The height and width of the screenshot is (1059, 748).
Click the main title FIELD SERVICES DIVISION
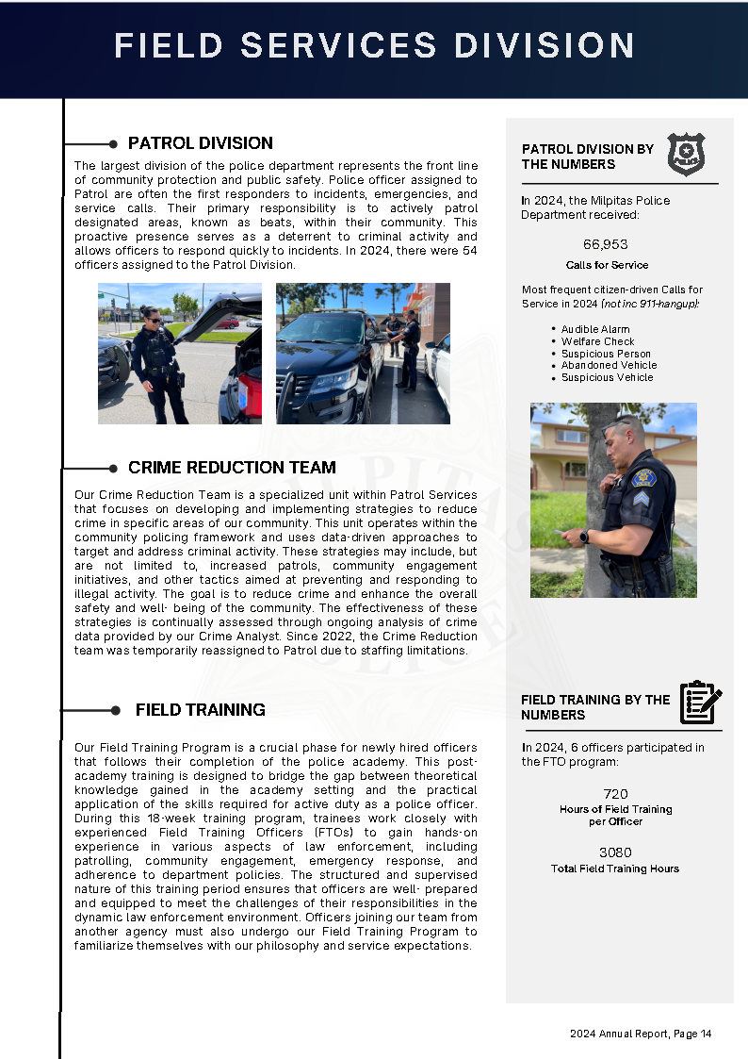coord(374,45)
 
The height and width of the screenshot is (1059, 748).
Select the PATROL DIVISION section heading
coord(201,143)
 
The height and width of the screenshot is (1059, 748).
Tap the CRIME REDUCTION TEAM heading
coord(232,468)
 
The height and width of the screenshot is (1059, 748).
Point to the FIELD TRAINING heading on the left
coord(200,710)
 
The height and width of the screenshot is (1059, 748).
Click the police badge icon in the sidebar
coord(686,154)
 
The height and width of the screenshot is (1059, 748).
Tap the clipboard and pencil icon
coord(700,703)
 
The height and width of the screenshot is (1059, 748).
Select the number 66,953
coord(606,244)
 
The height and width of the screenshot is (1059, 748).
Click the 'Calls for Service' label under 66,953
coord(607,265)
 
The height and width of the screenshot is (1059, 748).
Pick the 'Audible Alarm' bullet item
coord(595,329)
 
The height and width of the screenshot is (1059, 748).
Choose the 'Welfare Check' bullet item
coord(597,341)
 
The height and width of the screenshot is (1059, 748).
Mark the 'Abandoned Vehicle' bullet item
coord(609,365)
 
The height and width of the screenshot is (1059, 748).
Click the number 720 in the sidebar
coord(615,794)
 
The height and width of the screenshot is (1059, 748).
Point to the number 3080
coord(615,852)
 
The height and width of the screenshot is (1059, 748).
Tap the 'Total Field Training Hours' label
coord(615,869)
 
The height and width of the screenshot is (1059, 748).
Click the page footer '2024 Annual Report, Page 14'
coord(641,1034)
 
